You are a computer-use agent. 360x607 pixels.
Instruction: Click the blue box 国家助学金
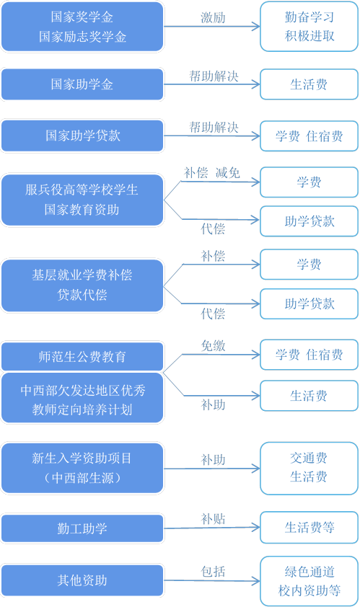pyautogui.click(x=82, y=84)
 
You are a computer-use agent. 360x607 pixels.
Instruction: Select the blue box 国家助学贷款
pyautogui.click(x=82, y=136)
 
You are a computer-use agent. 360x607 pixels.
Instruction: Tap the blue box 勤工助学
pyautogui.click(x=82, y=528)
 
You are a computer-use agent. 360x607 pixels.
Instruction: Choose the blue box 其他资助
pyautogui.click(x=82, y=580)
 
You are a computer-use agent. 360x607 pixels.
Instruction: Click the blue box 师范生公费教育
pyautogui.click(x=82, y=357)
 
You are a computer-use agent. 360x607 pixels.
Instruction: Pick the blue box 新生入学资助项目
pyautogui.click(x=82, y=468)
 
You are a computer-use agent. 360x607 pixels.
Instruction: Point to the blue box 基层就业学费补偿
pyautogui.click(x=82, y=285)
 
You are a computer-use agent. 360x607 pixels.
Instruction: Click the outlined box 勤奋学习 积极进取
pyautogui.click(x=309, y=27)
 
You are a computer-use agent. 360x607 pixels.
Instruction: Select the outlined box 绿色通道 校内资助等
pyautogui.click(x=309, y=581)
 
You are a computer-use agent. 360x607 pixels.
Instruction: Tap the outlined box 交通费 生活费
pyautogui.click(x=309, y=468)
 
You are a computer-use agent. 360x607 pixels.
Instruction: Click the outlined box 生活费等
pyautogui.click(x=309, y=527)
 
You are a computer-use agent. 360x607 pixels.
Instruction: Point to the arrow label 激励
pyautogui.click(x=213, y=18)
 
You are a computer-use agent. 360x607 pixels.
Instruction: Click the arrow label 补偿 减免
pyautogui.click(x=212, y=172)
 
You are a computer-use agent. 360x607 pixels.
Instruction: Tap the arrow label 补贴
pyautogui.click(x=213, y=519)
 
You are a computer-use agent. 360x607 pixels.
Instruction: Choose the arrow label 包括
pyautogui.click(x=213, y=572)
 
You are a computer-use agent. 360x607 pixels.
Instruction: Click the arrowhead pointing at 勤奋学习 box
pyautogui.click(x=256, y=27)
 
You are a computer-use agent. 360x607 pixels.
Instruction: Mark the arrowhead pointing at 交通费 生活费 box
pyautogui.click(x=256, y=469)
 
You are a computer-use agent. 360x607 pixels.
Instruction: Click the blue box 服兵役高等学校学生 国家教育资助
pyautogui.click(x=82, y=200)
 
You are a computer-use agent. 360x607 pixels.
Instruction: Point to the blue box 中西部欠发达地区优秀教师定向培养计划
pyautogui.click(x=82, y=399)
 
